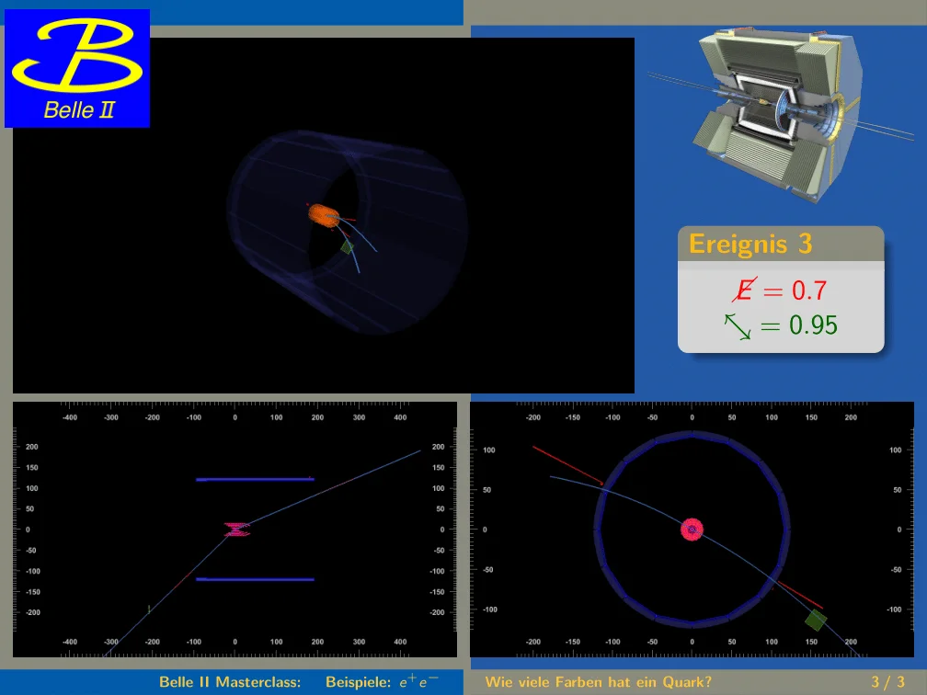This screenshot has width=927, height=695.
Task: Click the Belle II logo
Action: coord(77,68)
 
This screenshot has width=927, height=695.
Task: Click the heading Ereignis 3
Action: coord(750,244)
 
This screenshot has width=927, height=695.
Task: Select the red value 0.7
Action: coord(808,291)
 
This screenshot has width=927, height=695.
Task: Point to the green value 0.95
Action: coord(813,325)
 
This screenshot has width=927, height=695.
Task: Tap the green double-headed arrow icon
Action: coord(738,326)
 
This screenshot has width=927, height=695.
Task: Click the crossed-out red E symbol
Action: coord(744,290)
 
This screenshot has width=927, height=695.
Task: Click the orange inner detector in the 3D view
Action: coord(324,215)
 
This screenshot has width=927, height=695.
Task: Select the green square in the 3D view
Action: coord(347,246)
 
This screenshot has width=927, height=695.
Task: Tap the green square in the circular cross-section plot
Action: coord(816,620)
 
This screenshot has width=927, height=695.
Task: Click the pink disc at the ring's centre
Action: coord(692,530)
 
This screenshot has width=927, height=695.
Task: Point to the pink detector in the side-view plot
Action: coord(236,530)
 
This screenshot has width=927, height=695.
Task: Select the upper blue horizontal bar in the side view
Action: coord(255,479)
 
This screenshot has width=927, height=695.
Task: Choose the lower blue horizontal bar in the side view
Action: coord(255,579)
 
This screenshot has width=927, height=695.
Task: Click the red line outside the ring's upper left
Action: coord(567,466)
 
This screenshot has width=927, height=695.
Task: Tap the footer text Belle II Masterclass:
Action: coord(230,682)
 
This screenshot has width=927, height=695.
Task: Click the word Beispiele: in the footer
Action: coord(359,682)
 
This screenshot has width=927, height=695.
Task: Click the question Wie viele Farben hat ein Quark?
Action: coord(599,682)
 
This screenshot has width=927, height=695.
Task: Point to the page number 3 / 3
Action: coord(888,682)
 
